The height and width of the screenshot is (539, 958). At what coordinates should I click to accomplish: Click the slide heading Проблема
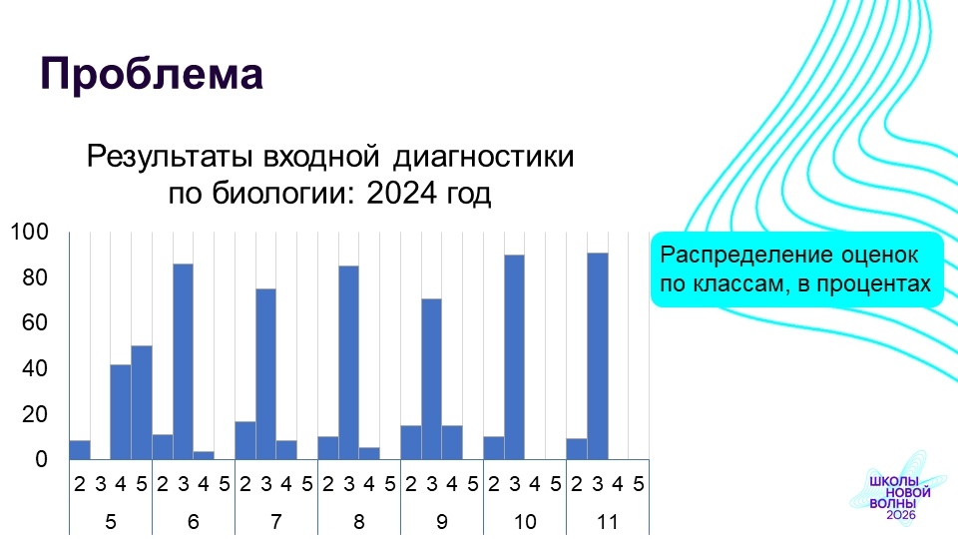[x=152, y=74]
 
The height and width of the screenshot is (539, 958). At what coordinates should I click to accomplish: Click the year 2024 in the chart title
[x=402, y=194]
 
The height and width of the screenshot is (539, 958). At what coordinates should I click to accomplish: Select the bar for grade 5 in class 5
[x=142, y=402]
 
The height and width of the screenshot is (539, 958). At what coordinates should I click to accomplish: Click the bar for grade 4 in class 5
[x=121, y=412]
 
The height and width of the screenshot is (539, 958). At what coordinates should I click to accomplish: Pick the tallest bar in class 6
[x=184, y=361]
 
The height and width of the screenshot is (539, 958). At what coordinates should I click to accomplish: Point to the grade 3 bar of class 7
[x=265, y=374]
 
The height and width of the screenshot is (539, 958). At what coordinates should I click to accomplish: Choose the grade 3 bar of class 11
[x=598, y=355]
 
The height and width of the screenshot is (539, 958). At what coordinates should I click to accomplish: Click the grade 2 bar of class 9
[x=411, y=442]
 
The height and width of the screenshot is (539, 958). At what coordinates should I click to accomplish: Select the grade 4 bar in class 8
[x=369, y=453]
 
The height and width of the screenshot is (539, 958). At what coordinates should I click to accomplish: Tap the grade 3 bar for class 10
[x=515, y=357]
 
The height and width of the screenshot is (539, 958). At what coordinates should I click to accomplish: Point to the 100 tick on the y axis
[x=29, y=233]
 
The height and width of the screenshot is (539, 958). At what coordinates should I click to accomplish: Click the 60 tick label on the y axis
[x=35, y=322]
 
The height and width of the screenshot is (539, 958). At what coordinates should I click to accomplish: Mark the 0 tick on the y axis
[x=41, y=459]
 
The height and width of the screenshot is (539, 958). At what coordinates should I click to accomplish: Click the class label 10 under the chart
[x=525, y=522]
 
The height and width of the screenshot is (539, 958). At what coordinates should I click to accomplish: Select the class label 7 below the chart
[x=276, y=522]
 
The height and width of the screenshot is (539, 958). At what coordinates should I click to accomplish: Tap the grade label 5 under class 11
[x=639, y=485]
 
